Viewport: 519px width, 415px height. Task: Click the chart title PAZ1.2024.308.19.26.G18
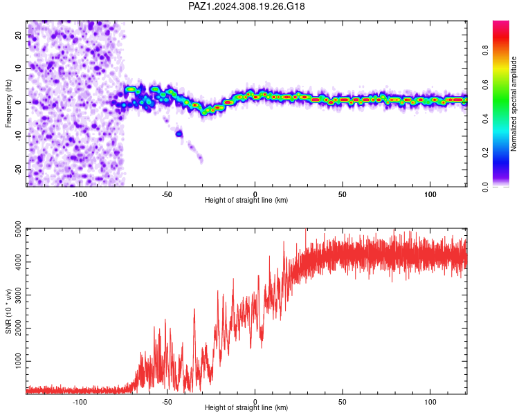click(246, 6)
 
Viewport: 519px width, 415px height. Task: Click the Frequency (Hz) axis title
click(8, 104)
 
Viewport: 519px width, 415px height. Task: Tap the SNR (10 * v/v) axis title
click(8, 311)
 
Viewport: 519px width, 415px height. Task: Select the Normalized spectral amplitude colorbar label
click(513, 104)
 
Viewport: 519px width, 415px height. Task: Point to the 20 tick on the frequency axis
click(19, 35)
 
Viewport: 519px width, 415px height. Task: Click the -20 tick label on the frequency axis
click(19, 170)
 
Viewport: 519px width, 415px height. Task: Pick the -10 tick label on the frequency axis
click(19, 136)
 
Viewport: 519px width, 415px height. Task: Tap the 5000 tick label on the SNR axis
click(19, 229)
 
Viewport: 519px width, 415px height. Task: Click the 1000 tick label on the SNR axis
click(19, 361)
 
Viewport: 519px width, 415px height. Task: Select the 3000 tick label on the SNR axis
click(19, 295)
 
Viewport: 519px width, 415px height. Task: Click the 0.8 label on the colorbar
click(485, 50)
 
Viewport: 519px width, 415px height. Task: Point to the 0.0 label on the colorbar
click(485, 187)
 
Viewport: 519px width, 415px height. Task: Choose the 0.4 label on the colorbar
click(485, 119)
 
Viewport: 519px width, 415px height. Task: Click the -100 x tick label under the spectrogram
click(80, 194)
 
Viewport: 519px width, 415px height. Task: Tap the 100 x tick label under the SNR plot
click(430, 402)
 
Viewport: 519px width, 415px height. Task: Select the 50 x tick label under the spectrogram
click(343, 194)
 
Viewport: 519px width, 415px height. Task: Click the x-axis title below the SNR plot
click(246, 407)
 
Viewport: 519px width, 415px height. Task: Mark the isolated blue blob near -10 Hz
click(179, 133)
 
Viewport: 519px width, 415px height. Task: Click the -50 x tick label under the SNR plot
click(167, 402)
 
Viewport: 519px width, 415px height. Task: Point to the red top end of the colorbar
click(501, 22)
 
